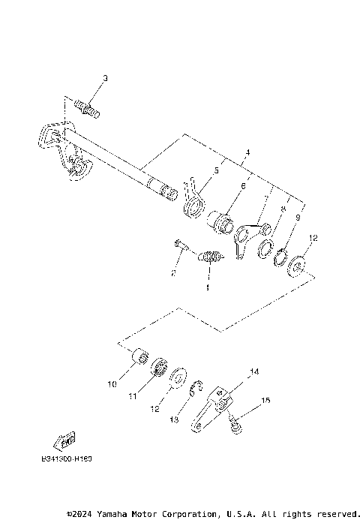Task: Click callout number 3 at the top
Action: [x=105, y=78]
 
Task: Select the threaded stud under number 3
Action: [x=88, y=110]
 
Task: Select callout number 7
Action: [x=265, y=200]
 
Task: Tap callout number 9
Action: [x=297, y=218]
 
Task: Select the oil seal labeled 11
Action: [x=157, y=368]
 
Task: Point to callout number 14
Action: [x=254, y=371]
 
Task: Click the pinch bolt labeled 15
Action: [x=235, y=425]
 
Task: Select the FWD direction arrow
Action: [x=63, y=438]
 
